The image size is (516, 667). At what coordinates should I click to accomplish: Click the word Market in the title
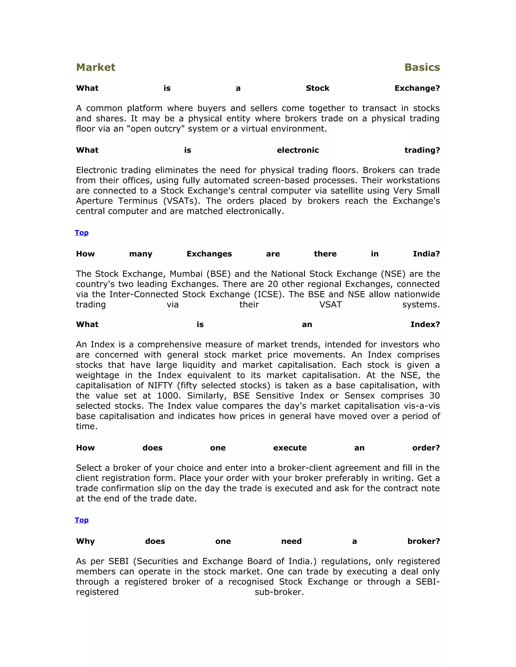coord(96,67)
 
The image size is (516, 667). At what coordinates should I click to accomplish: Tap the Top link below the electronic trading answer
coord(82,233)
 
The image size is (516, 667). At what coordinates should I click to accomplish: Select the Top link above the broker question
coord(82,520)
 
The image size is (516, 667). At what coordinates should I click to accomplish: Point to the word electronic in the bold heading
coord(298,150)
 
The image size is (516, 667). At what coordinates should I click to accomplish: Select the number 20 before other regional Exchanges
coord(273,284)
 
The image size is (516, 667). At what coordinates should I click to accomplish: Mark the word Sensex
coord(360,396)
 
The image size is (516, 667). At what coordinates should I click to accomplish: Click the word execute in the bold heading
coord(290,448)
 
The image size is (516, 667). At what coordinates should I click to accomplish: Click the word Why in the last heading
coord(85,541)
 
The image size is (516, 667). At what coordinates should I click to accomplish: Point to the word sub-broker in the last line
coord(279,592)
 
